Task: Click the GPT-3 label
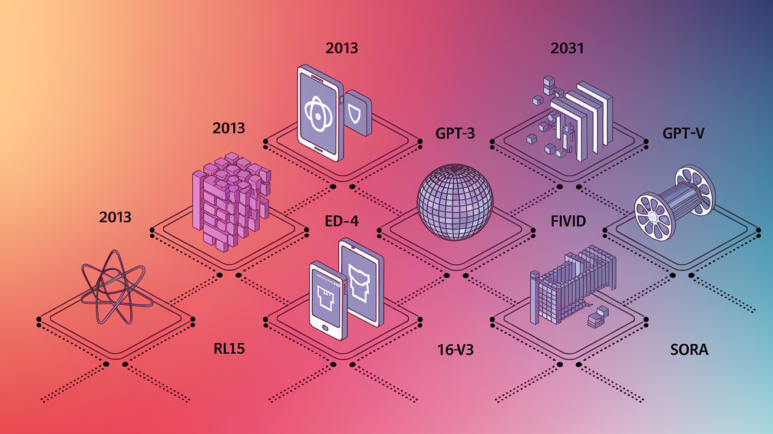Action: pos(455,133)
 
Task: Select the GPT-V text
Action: pos(683,133)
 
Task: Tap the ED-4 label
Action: pos(342,221)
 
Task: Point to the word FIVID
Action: pos(568,221)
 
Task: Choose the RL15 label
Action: pos(229,348)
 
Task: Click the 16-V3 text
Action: pos(455,350)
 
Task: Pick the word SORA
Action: pos(689,350)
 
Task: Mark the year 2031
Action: pos(567,48)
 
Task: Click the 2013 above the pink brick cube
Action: pos(229,128)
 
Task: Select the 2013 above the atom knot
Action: pos(115,217)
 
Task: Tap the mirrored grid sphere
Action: pos(455,202)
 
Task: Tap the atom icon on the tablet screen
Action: pos(318,114)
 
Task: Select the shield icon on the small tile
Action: pos(355,114)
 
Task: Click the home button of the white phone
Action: pos(325,327)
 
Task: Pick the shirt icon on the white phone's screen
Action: pos(325,297)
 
